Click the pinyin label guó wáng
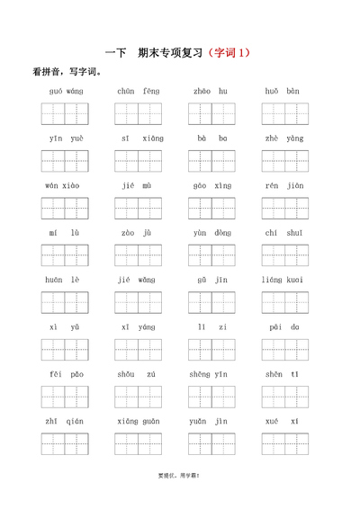64,91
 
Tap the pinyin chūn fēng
137,91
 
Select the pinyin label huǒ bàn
283,91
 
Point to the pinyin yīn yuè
64,138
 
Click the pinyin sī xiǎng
137,138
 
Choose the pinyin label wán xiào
64,185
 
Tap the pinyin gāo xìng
211,185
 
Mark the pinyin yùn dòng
211,233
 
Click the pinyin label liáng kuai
283,281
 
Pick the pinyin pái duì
283,327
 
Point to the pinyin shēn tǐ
283,375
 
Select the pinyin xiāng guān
137,421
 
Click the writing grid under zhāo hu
211,113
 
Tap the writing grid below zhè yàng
283,161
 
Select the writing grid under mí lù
64,255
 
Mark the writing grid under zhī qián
64,444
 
